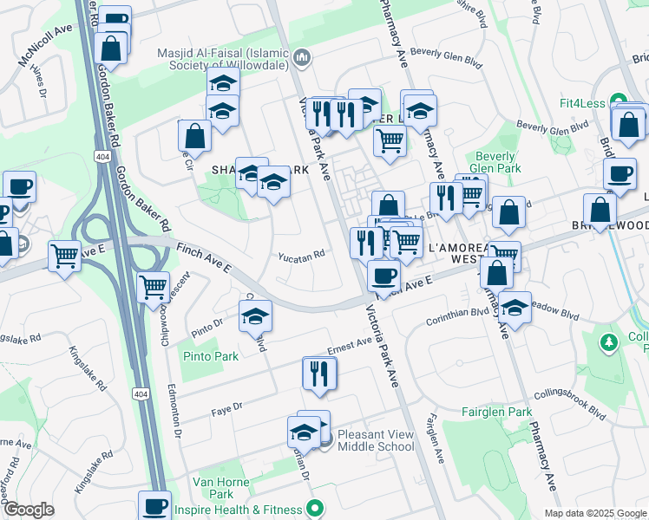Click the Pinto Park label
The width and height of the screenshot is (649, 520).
(x=210, y=356)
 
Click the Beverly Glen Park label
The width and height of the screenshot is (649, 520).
(x=495, y=162)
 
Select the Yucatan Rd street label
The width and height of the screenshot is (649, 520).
(x=301, y=256)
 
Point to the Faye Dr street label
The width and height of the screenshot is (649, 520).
(x=226, y=406)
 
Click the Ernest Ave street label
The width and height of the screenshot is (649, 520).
(x=350, y=346)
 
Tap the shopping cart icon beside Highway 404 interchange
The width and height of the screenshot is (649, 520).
(x=153, y=286)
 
